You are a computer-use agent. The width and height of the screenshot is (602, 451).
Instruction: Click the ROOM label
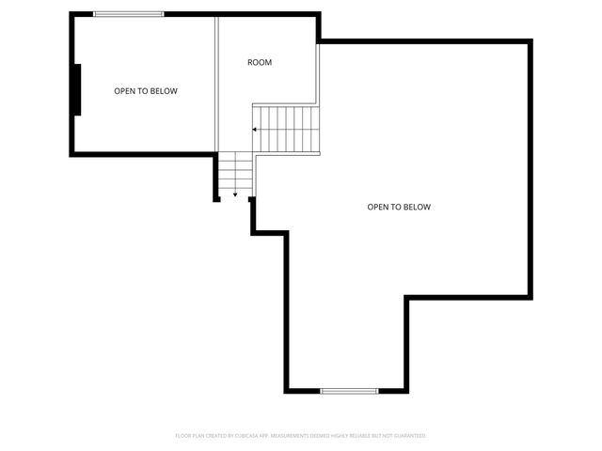(260, 63)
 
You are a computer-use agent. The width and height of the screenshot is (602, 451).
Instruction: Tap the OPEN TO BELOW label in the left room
(146, 91)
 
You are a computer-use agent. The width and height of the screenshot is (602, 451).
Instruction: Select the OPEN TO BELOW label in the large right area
(399, 207)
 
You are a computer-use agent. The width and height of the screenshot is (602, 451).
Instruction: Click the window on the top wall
(129, 14)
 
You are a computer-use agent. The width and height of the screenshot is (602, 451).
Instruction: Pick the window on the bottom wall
(349, 390)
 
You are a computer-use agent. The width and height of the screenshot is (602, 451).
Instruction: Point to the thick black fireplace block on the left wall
(78, 89)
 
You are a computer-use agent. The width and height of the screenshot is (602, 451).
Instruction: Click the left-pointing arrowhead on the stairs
(254, 129)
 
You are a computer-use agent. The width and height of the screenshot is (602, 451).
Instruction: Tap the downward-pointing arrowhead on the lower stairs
(235, 194)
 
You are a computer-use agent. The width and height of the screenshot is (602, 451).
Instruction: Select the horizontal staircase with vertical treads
(287, 129)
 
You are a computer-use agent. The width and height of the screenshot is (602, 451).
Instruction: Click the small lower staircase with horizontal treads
(236, 174)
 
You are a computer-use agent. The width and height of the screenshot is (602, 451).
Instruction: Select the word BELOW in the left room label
(165, 91)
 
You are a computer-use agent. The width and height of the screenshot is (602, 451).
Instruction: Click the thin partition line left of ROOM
(217, 85)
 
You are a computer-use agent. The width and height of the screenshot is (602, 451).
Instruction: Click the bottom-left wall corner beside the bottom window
(287, 390)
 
